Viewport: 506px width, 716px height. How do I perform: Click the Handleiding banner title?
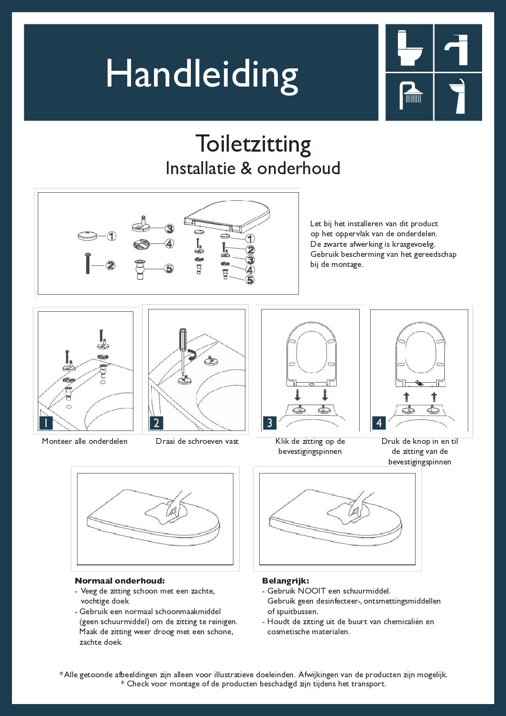coord(201,75)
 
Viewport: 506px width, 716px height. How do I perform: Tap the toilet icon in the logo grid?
coord(409,48)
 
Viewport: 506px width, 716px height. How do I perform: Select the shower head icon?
coord(410,95)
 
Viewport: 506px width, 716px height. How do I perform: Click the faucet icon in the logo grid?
coord(458,48)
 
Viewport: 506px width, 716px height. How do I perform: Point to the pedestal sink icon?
coord(458,96)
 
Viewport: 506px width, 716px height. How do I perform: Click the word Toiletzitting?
coord(253,144)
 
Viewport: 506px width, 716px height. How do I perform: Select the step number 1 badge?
coord(46,423)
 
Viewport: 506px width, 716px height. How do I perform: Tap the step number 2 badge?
coord(156,423)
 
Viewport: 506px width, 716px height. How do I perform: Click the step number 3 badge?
coord(270,423)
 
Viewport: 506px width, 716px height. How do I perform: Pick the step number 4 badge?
coord(379,423)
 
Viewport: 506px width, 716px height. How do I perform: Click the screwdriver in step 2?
coord(183,349)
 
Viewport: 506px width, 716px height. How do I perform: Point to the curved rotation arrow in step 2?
coord(192,355)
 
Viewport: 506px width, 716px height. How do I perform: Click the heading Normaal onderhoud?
coord(120,581)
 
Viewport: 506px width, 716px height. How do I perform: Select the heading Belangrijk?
coord(286,581)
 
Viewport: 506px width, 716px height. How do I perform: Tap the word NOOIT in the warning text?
coord(312,591)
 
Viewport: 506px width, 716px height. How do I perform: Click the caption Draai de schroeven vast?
coord(197,441)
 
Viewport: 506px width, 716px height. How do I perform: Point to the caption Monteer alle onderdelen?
coord(85,441)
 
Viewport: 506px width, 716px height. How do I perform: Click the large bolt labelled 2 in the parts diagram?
coord(88,264)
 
